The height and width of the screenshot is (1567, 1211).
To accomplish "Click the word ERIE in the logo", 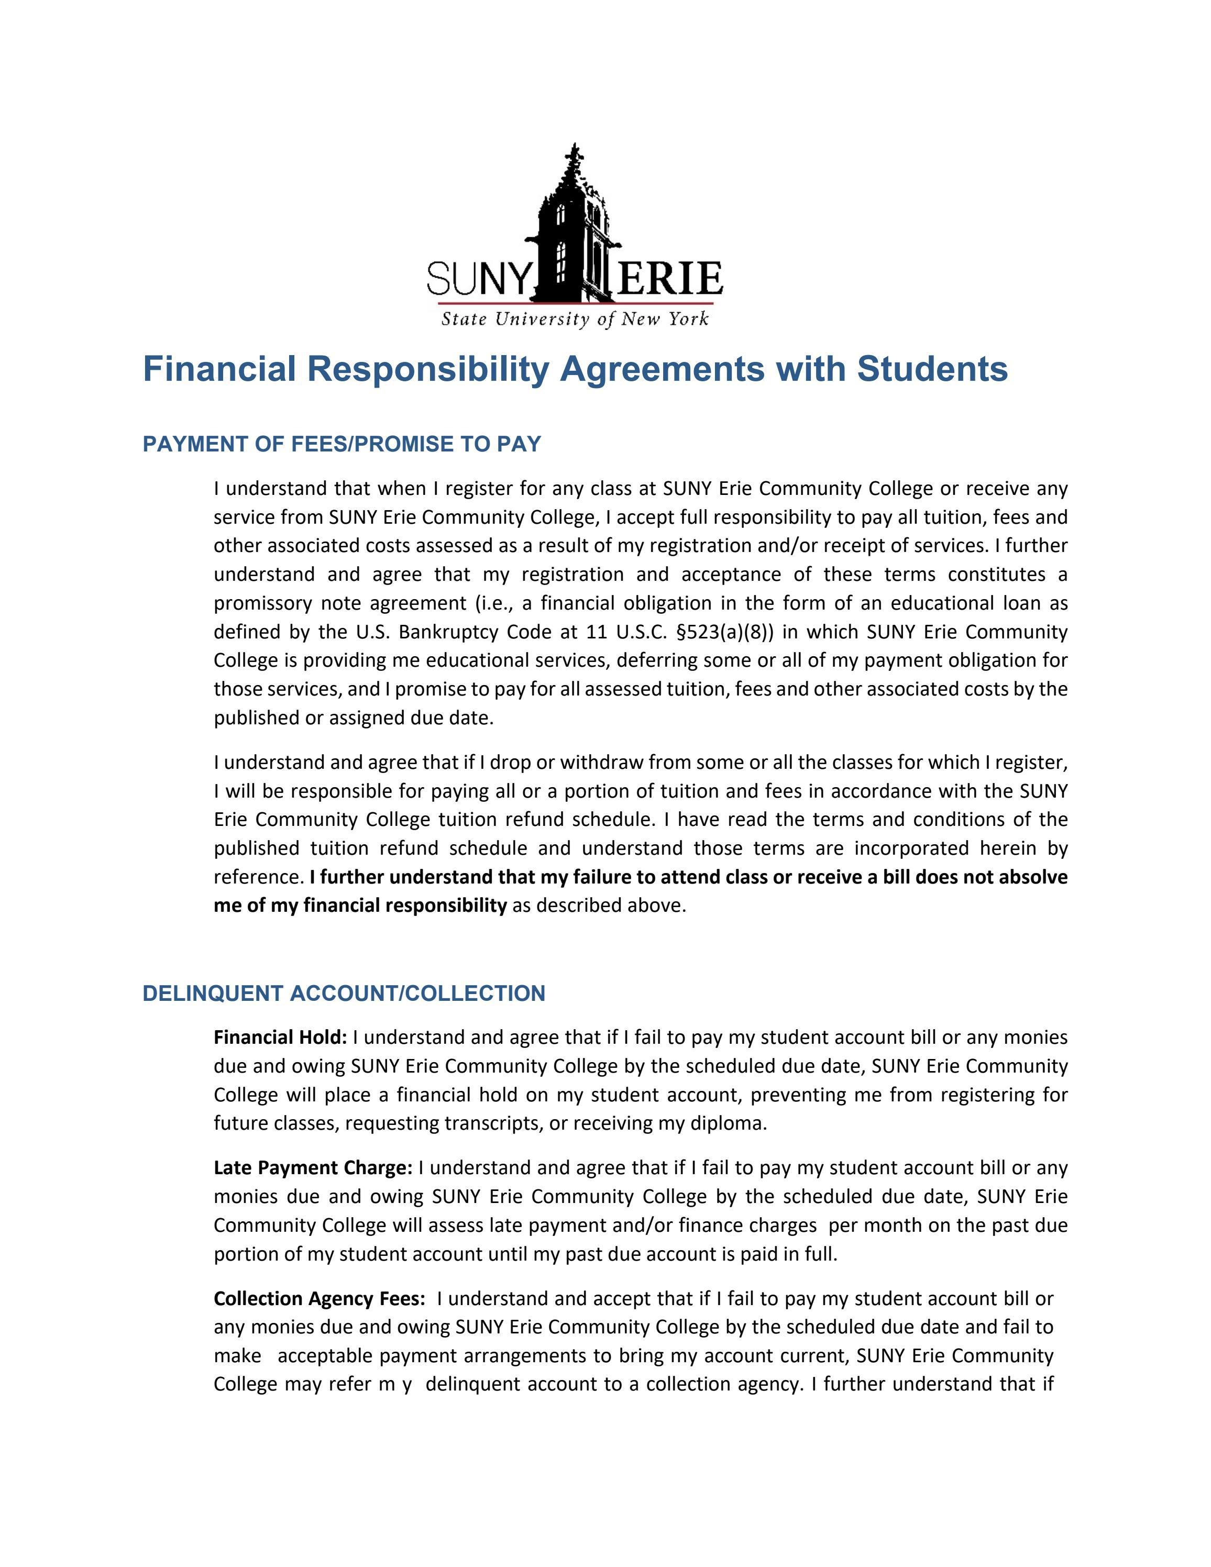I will click(669, 279).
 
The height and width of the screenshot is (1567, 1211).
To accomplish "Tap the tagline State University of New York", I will click(575, 318).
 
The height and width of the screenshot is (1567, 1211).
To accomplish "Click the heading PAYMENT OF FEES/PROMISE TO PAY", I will click(342, 444).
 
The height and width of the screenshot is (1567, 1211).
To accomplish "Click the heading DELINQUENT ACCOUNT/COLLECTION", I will click(344, 993).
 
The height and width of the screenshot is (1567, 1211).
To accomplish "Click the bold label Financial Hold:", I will click(280, 1038).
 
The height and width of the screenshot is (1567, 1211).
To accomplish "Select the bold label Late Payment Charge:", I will click(313, 1168).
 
